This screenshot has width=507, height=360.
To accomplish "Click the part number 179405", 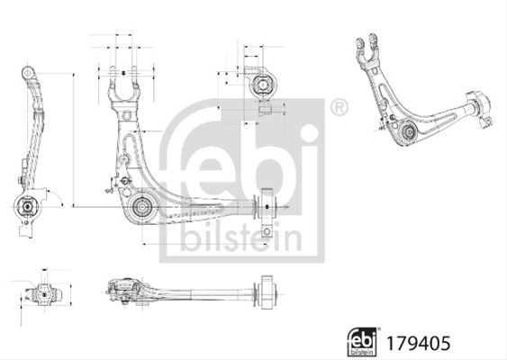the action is [418, 343].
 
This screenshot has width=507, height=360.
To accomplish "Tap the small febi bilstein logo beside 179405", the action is [362, 342].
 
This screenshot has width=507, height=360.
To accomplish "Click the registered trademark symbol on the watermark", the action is [339, 108].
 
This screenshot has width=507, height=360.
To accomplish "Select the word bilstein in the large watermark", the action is [240, 238].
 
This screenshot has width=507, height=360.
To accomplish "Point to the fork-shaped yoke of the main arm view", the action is [122, 85].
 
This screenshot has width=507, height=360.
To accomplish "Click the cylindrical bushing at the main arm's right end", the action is [267, 207].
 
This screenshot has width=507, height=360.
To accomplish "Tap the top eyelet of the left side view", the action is [29, 72].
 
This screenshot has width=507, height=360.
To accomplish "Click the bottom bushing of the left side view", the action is [27, 205].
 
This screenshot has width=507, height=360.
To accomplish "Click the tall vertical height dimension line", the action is [74, 139].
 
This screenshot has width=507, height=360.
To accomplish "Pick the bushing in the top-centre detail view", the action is [263, 85].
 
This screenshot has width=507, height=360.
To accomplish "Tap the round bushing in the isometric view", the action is [408, 131].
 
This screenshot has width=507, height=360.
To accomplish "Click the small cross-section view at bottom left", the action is [44, 294].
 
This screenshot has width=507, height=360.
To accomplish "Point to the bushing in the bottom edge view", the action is [267, 292].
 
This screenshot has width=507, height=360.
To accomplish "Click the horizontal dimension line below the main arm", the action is [205, 244].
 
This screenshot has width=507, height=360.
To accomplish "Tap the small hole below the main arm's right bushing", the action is [267, 231].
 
